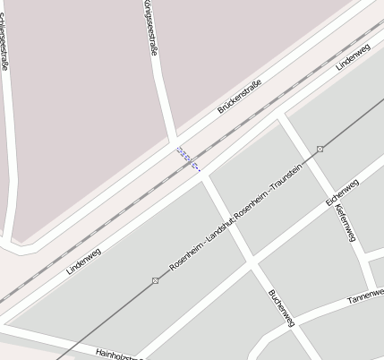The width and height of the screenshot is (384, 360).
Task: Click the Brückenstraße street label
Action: tap(239, 97)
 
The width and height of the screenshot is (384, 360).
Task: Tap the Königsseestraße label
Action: tap(149, 28)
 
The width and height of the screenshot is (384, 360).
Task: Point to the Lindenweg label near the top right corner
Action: tap(353, 57)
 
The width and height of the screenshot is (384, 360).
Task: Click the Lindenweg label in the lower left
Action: tap(83, 261)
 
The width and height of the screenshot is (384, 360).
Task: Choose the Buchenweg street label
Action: tap(281, 308)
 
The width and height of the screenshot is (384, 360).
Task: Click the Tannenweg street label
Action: tap(365, 295)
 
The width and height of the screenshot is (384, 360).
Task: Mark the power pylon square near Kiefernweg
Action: tap(320, 150)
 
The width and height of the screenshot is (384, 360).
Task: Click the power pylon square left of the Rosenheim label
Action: tap(156, 281)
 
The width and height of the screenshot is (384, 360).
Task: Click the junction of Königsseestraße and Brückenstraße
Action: tap(173, 140)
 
